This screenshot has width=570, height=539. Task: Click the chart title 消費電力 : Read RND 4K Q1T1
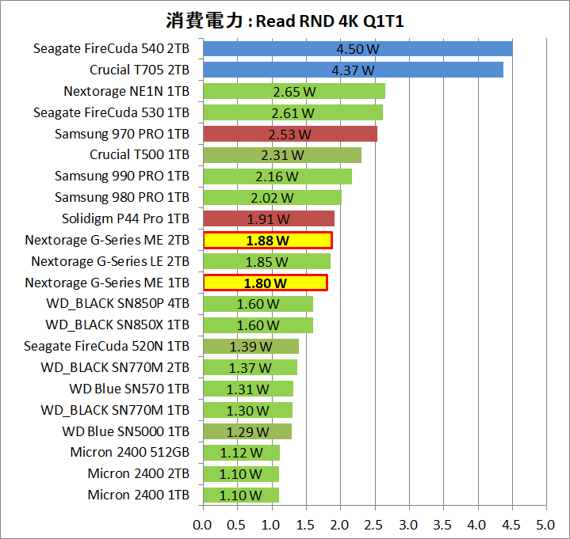tap(285, 21)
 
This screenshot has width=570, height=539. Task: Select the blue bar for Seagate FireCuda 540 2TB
tap(358, 49)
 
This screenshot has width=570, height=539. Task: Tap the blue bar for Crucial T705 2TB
tap(353, 70)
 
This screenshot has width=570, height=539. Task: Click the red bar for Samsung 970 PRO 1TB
tap(290, 134)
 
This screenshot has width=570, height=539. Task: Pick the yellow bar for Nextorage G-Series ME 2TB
tap(267, 240)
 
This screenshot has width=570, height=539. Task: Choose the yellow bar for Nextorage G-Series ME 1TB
tap(265, 283)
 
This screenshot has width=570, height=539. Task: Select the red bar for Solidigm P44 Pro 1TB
tap(269, 219)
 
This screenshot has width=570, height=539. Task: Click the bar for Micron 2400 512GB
tap(241, 453)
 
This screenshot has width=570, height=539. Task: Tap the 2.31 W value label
tap(282, 155)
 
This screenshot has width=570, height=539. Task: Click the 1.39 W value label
tap(251, 347)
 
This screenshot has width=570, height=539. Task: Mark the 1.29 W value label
tap(247, 431)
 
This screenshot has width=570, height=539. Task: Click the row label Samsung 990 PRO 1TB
tap(122, 176)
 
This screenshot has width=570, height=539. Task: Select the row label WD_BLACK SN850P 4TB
tap(117, 304)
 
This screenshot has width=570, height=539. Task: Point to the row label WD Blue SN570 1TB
tap(129, 389)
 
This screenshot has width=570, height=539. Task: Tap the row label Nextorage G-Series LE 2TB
tap(110, 261)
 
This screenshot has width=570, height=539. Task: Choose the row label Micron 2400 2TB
tap(139, 473)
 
